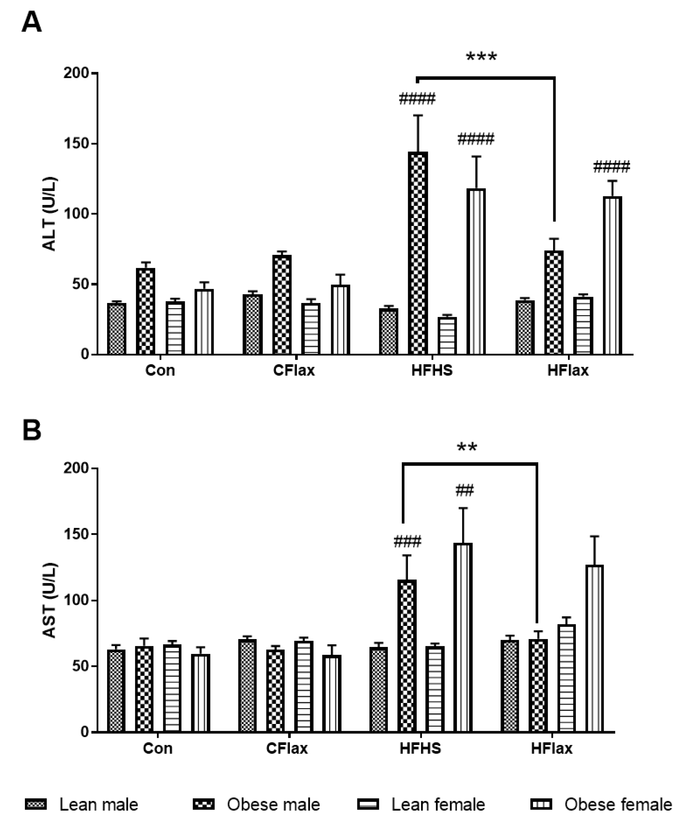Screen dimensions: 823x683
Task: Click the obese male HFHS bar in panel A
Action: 418,253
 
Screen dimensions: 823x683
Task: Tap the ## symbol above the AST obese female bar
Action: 465,490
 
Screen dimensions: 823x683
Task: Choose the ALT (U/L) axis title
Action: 50,214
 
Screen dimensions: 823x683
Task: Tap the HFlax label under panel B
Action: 551,749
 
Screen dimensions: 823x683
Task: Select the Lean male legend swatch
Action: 36,805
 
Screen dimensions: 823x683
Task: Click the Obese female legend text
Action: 618,805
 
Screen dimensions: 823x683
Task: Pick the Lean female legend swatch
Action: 368,805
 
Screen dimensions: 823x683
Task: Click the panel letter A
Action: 31,23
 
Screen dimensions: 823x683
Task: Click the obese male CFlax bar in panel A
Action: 282,305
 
